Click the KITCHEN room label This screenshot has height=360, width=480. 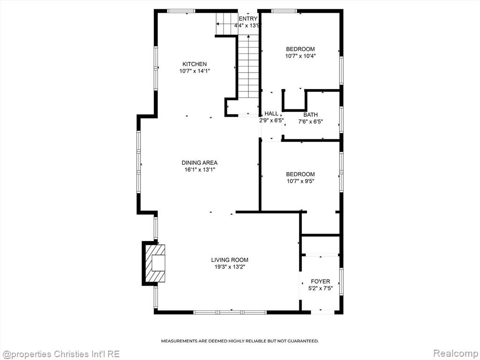click(x=195, y=64)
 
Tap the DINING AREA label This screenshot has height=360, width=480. click(x=200, y=163)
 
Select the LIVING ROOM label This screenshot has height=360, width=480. click(x=230, y=260)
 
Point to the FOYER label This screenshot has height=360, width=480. click(x=321, y=281)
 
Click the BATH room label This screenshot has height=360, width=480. click(x=310, y=115)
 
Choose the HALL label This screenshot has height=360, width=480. click(x=271, y=113)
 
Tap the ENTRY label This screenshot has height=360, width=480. click(x=248, y=19)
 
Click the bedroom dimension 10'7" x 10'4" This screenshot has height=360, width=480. click(x=300, y=56)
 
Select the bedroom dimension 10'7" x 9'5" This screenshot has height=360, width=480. click(x=300, y=181)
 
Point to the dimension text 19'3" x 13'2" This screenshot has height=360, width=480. click(x=230, y=267)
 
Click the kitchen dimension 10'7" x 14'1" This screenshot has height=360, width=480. click(x=195, y=71)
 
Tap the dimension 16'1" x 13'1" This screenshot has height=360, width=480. click(x=200, y=170)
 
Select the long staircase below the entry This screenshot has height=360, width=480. click(x=248, y=67)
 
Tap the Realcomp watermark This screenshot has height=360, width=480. click(x=455, y=353)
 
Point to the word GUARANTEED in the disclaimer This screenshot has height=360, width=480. click(x=306, y=341)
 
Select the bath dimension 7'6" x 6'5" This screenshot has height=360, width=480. click(x=310, y=121)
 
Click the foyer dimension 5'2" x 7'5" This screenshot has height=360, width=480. click(x=321, y=288)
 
